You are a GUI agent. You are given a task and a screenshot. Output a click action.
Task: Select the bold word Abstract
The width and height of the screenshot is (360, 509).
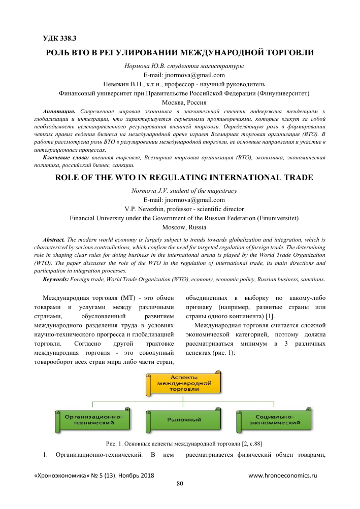coord(55,239)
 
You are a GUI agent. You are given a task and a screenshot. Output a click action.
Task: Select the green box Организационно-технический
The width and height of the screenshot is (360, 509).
coord(91,419)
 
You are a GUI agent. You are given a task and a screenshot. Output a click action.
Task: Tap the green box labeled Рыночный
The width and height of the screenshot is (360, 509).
coord(184,420)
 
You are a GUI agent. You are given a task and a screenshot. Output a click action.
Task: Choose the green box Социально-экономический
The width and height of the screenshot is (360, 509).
coord(275,419)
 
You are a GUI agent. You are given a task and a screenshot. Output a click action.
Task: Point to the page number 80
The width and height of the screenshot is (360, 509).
coord(179,483)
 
